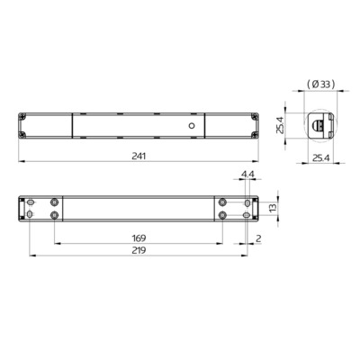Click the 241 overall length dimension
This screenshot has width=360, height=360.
139,157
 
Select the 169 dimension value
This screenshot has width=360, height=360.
139,238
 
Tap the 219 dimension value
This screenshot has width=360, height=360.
139,250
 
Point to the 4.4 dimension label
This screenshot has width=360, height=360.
247,174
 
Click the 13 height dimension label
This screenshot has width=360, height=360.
273,208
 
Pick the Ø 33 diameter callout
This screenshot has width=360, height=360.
320,85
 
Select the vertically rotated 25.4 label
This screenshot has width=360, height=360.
280,125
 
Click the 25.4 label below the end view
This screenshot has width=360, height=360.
320,157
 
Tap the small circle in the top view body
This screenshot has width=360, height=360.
192,126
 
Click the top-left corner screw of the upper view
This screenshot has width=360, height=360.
22,116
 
